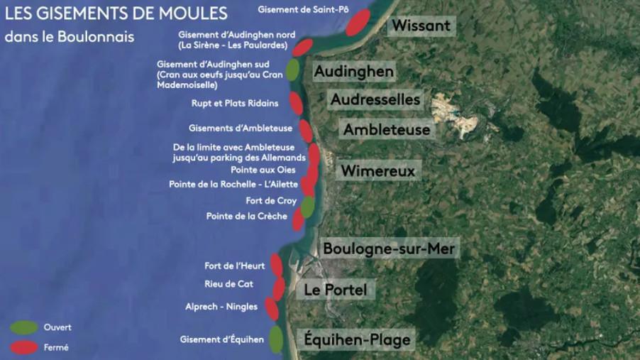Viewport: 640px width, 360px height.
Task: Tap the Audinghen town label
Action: (353, 72)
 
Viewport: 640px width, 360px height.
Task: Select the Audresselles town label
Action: (375, 100)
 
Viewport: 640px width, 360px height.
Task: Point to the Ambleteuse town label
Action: (387, 130)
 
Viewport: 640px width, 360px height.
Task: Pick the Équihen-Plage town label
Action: (357, 339)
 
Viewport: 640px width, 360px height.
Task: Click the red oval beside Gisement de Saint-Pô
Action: (358, 23)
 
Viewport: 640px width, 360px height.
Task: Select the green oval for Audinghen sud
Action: (292, 70)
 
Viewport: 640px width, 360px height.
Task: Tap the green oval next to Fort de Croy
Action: (307, 206)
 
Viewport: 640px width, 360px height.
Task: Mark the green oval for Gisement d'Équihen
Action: (275, 339)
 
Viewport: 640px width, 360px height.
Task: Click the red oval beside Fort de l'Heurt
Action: (276, 265)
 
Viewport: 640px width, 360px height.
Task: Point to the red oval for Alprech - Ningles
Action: (271, 308)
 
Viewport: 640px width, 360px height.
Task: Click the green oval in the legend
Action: (23, 327)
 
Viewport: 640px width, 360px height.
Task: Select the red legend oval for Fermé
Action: (23, 347)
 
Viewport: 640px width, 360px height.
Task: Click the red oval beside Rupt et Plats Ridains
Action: (296, 104)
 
